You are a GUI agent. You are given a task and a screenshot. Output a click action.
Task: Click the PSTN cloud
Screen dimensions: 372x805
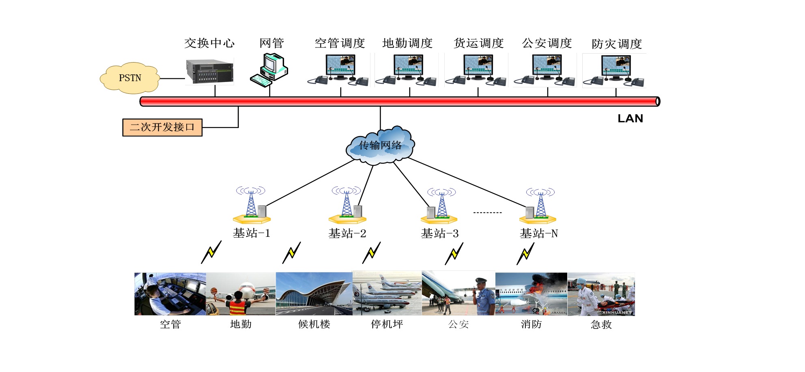click(x=130, y=78)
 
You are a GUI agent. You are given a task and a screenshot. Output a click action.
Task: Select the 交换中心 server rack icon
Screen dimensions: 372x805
click(x=210, y=71)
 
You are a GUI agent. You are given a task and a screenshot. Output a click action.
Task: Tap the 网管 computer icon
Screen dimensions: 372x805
click(x=269, y=70)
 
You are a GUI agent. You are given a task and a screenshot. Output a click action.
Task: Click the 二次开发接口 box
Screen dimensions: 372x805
click(x=162, y=127)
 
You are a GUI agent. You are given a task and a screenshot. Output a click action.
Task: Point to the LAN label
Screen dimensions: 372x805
click(x=630, y=119)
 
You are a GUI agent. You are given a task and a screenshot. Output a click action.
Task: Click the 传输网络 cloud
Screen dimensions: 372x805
click(x=380, y=145)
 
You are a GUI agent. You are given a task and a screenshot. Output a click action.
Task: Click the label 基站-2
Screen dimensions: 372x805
click(x=347, y=234)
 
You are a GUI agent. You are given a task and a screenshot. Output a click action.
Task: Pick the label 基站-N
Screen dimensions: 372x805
click(x=539, y=234)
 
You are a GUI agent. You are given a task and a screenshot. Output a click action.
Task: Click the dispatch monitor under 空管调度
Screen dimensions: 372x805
click(x=340, y=66)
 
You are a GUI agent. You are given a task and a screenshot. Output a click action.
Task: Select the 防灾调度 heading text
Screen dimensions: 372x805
click(x=617, y=44)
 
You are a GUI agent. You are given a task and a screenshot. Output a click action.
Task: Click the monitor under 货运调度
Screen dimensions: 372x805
click(x=478, y=66)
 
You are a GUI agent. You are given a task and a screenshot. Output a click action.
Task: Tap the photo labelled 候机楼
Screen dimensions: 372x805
click(x=314, y=294)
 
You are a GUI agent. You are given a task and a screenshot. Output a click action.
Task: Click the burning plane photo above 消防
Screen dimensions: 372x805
click(x=531, y=294)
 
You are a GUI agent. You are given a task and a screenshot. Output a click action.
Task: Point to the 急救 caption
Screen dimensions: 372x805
click(x=601, y=324)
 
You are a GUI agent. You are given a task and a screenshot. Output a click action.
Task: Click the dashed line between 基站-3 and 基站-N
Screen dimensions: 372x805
click(x=488, y=212)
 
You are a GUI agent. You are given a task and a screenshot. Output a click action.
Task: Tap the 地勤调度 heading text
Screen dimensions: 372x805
click(x=407, y=43)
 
